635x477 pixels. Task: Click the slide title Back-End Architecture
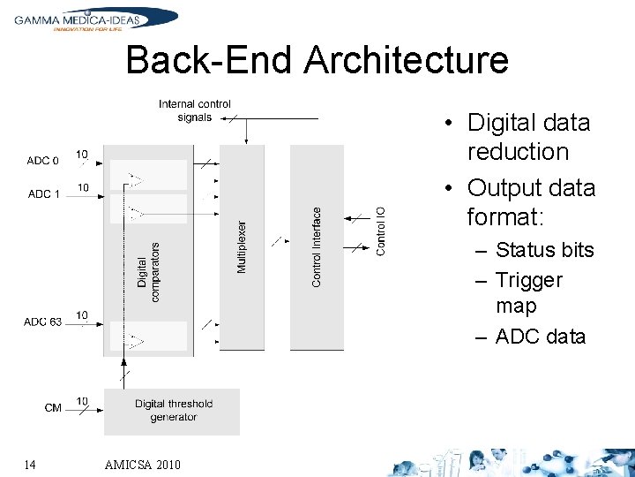(317, 61)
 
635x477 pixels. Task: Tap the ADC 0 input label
(43, 161)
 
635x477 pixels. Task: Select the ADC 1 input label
(44, 193)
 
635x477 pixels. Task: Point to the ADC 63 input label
(43, 322)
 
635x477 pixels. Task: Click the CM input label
(53, 408)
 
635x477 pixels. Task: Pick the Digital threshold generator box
(173, 411)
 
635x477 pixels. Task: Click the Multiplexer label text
(243, 246)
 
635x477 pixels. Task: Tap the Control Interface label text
(317, 246)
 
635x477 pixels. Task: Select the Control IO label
(381, 231)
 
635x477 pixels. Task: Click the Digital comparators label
(148, 272)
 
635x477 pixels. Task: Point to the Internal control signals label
(195, 110)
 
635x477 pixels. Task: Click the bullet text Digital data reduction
(528, 137)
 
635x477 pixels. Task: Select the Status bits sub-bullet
(544, 250)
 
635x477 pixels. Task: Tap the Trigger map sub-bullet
(529, 292)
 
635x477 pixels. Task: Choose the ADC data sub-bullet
(540, 336)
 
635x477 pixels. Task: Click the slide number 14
(30, 464)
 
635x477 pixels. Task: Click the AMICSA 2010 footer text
(142, 465)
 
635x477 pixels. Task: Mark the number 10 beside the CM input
(82, 402)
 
